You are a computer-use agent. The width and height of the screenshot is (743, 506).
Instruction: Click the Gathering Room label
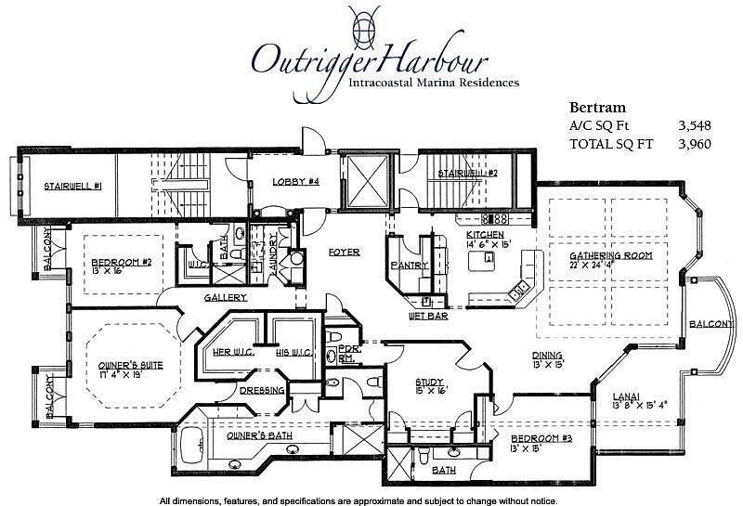coord(611,254)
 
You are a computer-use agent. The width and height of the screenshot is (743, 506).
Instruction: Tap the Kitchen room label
coord(485,235)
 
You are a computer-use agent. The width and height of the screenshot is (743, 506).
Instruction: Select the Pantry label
coord(410,266)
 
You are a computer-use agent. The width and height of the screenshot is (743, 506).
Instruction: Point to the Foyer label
coord(344,252)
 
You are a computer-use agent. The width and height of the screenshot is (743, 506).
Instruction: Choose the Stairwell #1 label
coord(72,186)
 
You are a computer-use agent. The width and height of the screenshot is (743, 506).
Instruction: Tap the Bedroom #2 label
coord(121,263)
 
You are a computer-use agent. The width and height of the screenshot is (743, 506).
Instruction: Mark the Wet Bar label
coord(428,316)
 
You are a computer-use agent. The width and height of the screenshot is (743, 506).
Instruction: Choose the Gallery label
coord(224,297)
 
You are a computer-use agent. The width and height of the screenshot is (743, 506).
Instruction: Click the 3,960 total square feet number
coord(700,144)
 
